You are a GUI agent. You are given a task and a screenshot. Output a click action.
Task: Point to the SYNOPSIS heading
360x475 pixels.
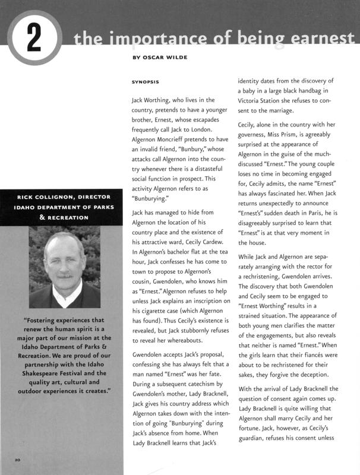tap(149, 81)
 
